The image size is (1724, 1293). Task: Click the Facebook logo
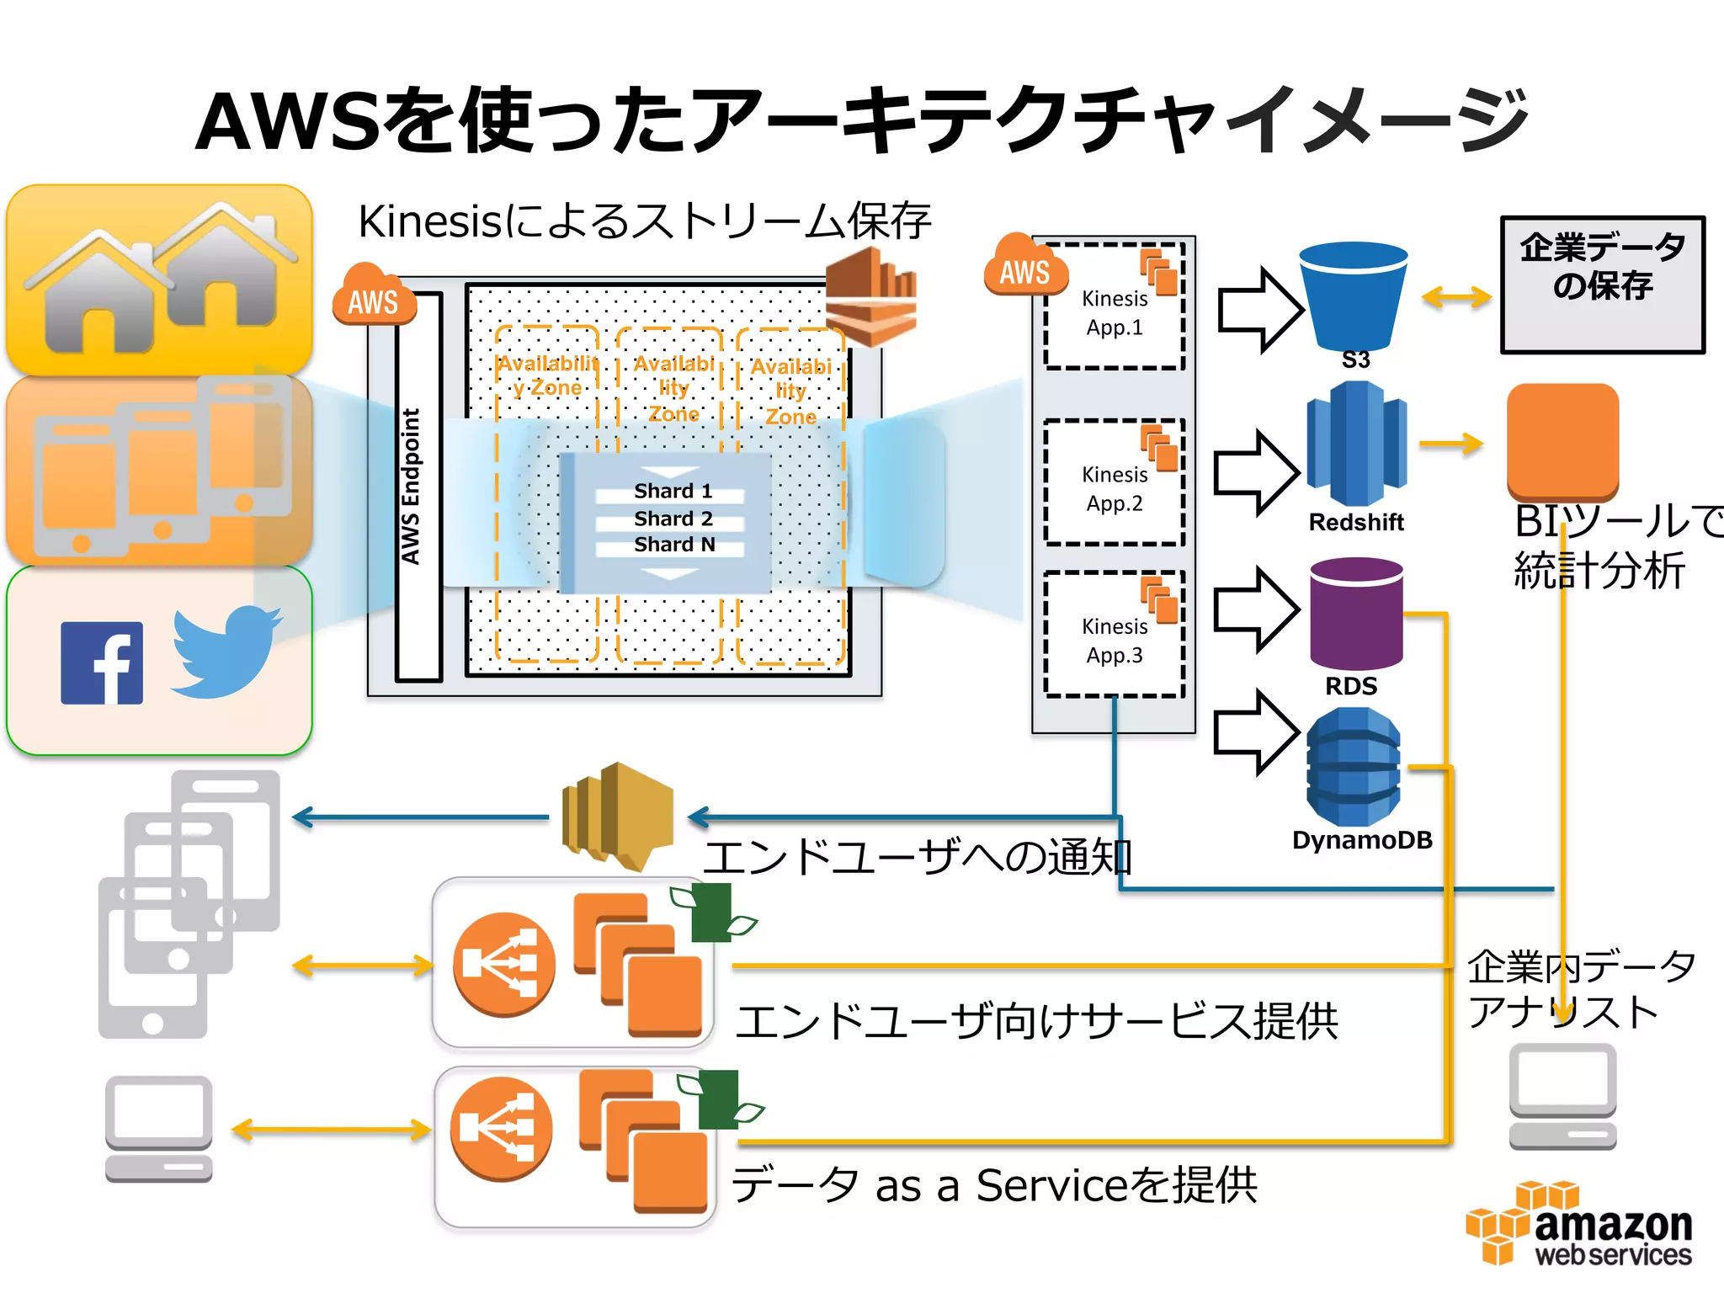pyautogui.click(x=102, y=663)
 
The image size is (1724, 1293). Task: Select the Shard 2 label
pyautogui.click(x=673, y=519)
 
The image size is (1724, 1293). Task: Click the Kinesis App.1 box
pyautogui.click(x=1114, y=308)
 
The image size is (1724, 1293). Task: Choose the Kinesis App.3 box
pyautogui.click(x=1114, y=636)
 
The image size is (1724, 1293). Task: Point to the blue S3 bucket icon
pyautogui.click(x=1353, y=295)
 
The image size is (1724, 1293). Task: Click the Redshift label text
pyautogui.click(x=1355, y=523)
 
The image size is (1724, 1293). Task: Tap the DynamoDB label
pyautogui.click(x=1361, y=840)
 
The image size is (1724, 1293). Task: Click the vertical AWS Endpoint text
pyautogui.click(x=411, y=487)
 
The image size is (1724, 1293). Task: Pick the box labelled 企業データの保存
pyautogui.click(x=1602, y=285)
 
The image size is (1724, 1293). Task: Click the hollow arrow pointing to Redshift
pyautogui.click(x=1257, y=473)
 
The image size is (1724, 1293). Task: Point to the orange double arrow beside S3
pyautogui.click(x=1455, y=296)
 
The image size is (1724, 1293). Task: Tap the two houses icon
pyautogui.click(x=160, y=278)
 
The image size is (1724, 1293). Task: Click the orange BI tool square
pyautogui.click(x=1562, y=440)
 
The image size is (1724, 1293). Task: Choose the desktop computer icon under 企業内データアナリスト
pyautogui.click(x=1562, y=1096)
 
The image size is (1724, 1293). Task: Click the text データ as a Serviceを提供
pyautogui.click(x=993, y=1185)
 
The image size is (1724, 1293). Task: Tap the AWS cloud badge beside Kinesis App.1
pyautogui.click(x=1024, y=268)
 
